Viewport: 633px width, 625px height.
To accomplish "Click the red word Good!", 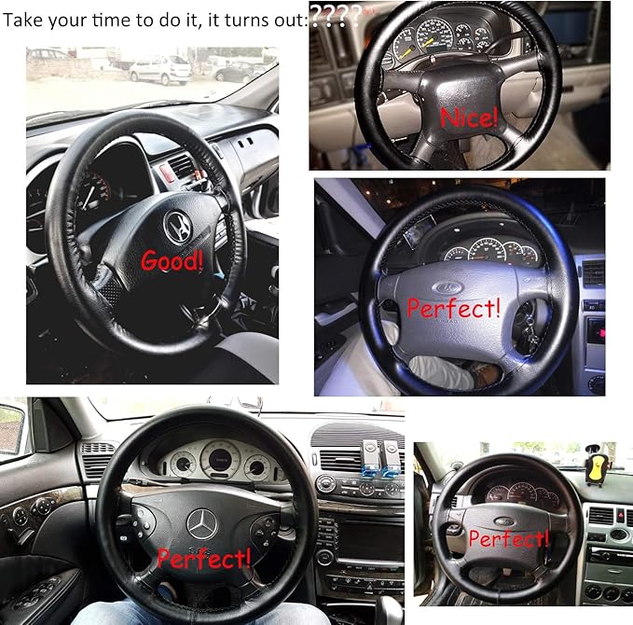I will tap(172, 260).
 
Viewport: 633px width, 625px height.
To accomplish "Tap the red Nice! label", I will tap(468, 118).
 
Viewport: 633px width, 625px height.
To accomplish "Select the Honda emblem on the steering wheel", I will tap(175, 224).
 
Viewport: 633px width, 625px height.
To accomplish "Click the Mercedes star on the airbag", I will tap(200, 523).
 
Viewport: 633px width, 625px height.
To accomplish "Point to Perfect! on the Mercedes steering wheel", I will tap(204, 558).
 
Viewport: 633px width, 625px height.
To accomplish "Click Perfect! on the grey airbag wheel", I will tap(454, 306).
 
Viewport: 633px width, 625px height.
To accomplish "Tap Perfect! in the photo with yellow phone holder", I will tap(507, 538).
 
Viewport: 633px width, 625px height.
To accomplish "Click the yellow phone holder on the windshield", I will tap(592, 465).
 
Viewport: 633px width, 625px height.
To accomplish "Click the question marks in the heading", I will tap(336, 16).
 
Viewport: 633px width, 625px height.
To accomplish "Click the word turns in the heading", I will tap(241, 19).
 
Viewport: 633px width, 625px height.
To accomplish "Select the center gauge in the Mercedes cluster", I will tap(220, 457).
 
